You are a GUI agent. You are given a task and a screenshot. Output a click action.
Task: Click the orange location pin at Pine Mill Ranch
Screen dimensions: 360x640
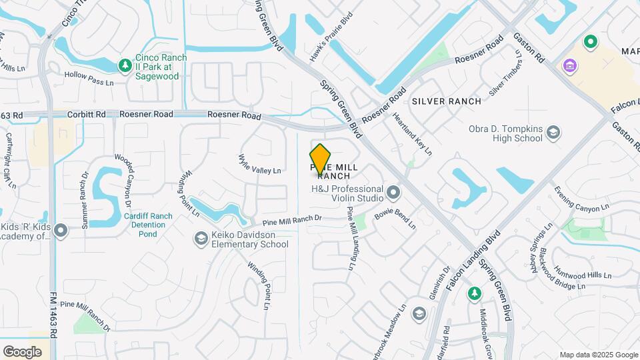click(321, 159)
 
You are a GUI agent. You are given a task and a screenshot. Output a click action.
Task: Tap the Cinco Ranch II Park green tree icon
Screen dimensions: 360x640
click(124, 65)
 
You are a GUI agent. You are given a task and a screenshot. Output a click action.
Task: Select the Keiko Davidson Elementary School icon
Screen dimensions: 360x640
click(201, 238)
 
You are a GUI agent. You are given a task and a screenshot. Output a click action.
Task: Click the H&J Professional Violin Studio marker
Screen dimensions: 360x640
click(393, 193)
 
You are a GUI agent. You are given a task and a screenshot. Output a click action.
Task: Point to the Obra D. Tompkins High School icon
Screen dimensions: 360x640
click(553, 133)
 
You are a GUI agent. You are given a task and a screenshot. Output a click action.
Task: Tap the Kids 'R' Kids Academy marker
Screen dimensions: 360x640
click(61, 231)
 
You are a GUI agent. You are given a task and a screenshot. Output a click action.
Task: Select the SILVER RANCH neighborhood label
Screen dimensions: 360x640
click(446, 101)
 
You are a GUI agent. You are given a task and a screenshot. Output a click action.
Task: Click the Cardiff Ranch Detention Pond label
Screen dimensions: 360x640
click(147, 225)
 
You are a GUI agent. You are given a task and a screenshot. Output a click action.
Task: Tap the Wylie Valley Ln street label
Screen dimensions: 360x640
click(259, 164)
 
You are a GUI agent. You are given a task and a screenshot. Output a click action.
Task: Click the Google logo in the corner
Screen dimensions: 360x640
click(22, 351)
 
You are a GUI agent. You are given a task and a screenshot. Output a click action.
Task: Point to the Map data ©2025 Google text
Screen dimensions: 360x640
click(598, 355)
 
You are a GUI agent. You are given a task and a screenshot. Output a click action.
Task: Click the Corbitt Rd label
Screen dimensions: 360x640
click(91, 115)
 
